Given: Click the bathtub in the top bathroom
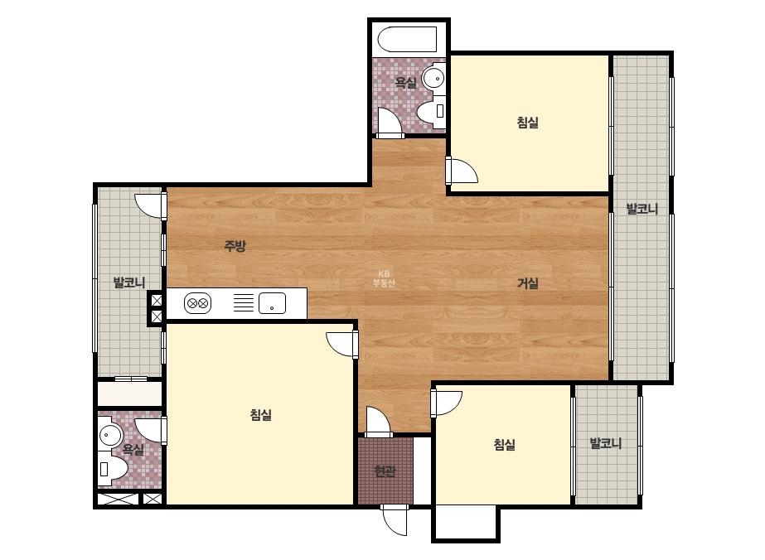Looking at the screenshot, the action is click(x=407, y=40).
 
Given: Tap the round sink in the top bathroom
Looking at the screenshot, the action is click(x=433, y=78).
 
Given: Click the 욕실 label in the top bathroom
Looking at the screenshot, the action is click(x=405, y=83).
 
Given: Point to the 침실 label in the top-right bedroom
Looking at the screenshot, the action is click(x=527, y=122).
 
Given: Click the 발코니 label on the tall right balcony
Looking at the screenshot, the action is click(x=642, y=209).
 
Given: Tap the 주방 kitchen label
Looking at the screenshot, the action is click(x=235, y=246).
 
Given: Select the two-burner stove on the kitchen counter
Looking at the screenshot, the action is click(x=197, y=303).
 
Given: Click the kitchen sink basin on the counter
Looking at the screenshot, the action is click(x=272, y=303).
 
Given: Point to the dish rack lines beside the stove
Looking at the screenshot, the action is click(x=244, y=302).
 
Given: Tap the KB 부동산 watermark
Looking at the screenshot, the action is click(x=384, y=278).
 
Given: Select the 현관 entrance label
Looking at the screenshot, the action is click(x=385, y=471).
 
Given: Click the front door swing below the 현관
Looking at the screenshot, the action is click(x=395, y=520).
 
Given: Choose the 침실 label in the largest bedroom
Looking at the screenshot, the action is click(x=260, y=415).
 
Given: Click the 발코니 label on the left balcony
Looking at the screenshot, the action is click(x=129, y=282).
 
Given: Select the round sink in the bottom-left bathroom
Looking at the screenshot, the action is click(x=111, y=435).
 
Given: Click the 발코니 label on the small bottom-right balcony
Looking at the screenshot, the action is click(x=606, y=443).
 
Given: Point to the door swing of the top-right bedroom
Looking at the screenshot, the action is click(x=462, y=171).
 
